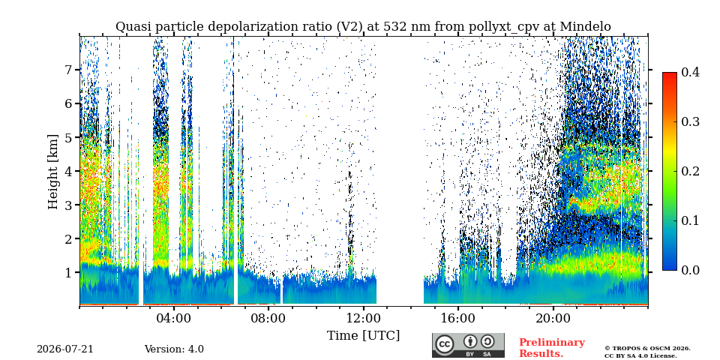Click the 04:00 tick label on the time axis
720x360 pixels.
click(x=174, y=319)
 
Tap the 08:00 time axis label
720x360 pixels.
click(x=268, y=319)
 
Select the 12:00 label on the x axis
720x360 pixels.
click(x=363, y=319)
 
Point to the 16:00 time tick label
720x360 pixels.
click(x=457, y=319)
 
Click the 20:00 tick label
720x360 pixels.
click(x=553, y=319)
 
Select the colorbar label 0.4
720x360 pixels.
click(x=690, y=72)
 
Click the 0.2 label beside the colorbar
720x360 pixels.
click(x=690, y=171)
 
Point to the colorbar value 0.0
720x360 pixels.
click(x=690, y=270)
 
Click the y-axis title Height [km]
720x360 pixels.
click(x=53, y=171)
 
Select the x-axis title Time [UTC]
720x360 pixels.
click(x=363, y=336)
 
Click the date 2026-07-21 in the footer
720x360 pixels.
click(x=64, y=349)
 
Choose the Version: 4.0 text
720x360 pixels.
click(x=174, y=349)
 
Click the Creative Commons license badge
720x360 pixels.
click(x=468, y=345)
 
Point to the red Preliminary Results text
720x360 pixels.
click(x=552, y=348)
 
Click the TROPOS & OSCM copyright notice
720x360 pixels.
click(x=647, y=352)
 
